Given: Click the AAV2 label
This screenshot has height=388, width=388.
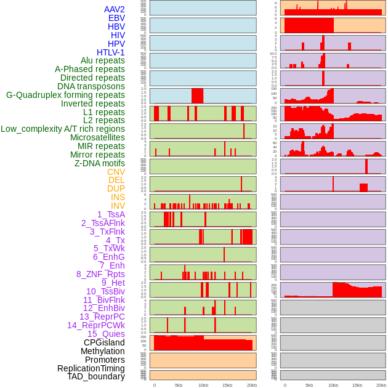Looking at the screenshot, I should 115,9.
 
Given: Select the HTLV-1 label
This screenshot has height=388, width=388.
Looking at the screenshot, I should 111,52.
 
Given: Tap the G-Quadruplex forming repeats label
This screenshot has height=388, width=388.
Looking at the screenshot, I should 65,95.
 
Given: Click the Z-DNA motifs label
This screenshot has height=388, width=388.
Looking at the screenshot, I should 100,163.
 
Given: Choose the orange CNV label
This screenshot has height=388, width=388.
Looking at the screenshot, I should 116,172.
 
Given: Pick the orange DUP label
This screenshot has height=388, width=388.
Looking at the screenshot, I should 116,188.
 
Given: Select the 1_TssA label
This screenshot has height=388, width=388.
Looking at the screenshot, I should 111,214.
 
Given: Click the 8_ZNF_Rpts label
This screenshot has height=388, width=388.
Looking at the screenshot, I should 100,274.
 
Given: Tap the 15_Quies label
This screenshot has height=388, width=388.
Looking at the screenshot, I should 106,334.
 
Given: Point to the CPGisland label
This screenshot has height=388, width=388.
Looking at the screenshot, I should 104,342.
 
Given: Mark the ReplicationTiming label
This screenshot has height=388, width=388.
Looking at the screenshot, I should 91,368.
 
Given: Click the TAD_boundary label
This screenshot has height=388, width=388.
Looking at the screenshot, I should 96,376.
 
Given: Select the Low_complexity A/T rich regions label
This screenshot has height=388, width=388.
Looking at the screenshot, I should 63,129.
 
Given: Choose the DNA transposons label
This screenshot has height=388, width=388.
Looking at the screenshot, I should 91,86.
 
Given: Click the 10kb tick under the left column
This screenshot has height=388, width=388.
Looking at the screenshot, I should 203,385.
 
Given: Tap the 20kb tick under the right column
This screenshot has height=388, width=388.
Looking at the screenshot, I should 381,385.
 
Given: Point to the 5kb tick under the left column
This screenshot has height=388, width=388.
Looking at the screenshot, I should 179,385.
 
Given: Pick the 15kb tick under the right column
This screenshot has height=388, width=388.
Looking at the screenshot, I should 357,385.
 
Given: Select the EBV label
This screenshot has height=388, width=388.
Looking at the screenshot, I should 116,18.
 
